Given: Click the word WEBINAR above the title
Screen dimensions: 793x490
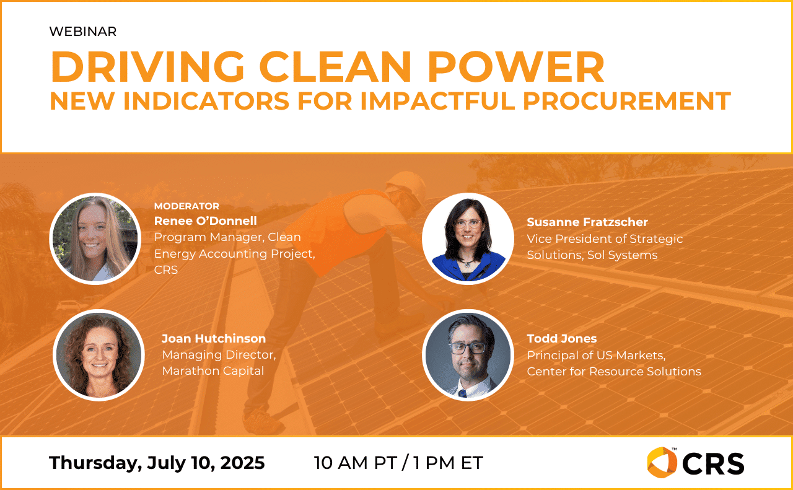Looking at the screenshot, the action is tap(83, 32).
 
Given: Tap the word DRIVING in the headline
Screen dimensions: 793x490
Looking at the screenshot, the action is tap(147, 67).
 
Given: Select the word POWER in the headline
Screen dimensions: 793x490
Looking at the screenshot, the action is tap(516, 67).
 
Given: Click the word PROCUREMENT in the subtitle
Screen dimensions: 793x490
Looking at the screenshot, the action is tap(627, 101).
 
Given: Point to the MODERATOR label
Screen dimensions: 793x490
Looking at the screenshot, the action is tap(186, 206).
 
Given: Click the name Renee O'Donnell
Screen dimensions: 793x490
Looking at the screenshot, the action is tap(205, 221).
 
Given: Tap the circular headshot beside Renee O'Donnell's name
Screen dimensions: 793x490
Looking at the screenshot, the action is tap(95, 238).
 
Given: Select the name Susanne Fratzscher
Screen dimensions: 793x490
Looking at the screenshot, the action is tap(587, 222).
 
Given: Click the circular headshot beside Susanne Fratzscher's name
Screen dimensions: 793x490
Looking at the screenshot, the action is tap(468, 238).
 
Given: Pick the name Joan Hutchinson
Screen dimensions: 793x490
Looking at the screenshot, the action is tap(214, 338).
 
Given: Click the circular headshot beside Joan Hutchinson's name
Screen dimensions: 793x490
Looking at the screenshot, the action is tap(99, 355).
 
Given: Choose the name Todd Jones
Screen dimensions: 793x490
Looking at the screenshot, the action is tap(562, 338).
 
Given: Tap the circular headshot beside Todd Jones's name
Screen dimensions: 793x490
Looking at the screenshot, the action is tap(468, 355).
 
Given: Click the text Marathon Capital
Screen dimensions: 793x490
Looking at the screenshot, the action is tap(213, 370).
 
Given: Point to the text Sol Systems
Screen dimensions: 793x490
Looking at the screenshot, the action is tap(623, 255).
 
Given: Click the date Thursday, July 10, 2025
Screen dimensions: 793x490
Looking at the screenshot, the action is tap(157, 463).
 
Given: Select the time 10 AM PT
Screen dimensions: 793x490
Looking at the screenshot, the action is tap(355, 463).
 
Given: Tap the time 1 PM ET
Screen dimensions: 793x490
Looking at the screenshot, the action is tap(448, 463).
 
